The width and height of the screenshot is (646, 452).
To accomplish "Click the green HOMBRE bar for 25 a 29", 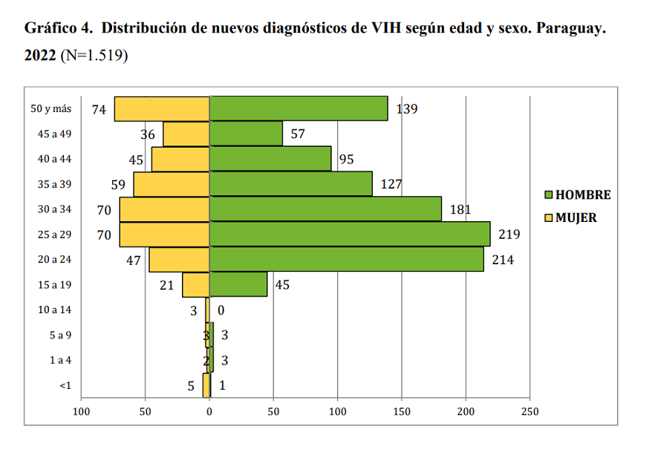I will click(x=349, y=235).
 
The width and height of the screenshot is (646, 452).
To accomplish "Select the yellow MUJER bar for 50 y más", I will click(x=162, y=109).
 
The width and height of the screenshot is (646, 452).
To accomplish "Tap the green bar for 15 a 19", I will click(x=238, y=284).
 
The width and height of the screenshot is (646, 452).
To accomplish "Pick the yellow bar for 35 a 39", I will click(x=172, y=184).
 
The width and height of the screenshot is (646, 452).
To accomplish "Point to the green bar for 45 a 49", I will click(x=246, y=134).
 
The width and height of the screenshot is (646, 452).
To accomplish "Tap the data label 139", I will click(x=407, y=109).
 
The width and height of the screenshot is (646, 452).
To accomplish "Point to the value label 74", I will click(x=99, y=110).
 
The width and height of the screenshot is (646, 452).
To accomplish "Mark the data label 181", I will click(x=461, y=210).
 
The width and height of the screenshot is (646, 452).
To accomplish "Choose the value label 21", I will click(x=167, y=285).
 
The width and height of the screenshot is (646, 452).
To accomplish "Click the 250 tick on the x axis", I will click(x=529, y=410).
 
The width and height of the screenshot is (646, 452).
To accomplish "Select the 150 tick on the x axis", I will click(x=402, y=410).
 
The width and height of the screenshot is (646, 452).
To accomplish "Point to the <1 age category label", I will click(x=65, y=385).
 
